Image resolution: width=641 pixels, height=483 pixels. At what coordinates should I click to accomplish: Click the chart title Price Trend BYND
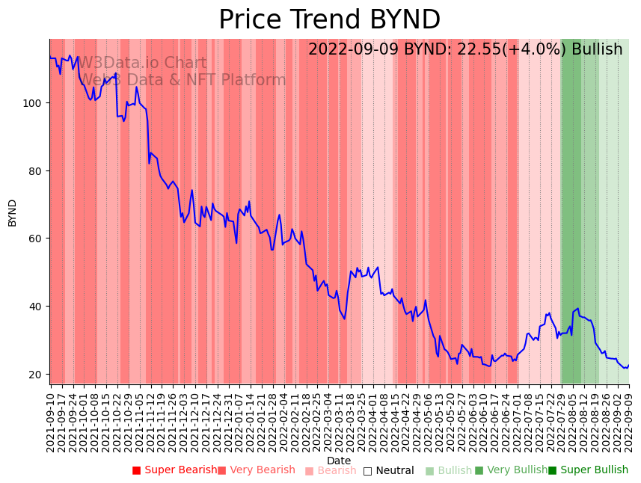coord(329,20)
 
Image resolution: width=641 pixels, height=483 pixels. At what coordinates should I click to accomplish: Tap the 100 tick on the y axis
coord(34,102)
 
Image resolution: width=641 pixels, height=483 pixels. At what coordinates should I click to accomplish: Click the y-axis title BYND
coord(13,212)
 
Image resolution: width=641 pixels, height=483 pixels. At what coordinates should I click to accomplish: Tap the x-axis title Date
coord(339,461)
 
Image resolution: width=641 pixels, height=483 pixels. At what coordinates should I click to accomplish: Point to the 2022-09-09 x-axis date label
coord(629,422)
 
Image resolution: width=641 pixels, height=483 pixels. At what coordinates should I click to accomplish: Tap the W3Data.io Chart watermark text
coord(142,63)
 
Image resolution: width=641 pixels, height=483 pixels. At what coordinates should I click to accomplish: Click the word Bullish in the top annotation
coord(597,49)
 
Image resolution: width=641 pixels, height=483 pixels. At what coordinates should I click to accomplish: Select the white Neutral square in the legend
coord(367,471)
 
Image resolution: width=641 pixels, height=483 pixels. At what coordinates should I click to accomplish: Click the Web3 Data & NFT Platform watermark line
coord(183,80)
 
